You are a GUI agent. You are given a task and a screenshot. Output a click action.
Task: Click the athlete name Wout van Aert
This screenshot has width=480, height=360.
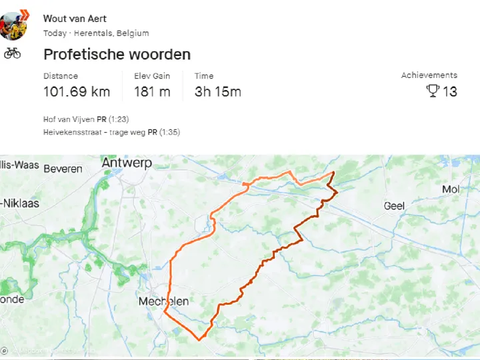(75, 19)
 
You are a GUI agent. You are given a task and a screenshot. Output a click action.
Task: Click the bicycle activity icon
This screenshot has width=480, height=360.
(13, 53)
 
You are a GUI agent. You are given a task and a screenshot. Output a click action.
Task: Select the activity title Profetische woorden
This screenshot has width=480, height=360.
(117, 54)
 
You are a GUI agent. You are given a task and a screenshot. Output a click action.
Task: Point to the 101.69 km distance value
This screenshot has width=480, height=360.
(77, 92)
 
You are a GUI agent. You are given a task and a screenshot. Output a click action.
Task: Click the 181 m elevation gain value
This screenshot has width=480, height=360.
(152, 92)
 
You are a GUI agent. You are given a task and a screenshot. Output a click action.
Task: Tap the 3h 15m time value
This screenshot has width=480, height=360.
(218, 92)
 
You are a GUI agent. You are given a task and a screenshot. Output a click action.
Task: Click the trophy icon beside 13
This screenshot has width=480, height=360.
(433, 91)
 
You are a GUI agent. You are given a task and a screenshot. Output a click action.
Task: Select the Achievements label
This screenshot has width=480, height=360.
(429, 75)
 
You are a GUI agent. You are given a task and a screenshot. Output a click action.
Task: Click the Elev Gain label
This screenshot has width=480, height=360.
(152, 76)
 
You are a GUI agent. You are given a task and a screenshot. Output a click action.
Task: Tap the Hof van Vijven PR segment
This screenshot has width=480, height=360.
(86, 119)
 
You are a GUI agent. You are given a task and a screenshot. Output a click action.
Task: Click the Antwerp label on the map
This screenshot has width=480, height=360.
(127, 163)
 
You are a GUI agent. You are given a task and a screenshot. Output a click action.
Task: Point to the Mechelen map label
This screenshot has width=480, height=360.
(163, 302)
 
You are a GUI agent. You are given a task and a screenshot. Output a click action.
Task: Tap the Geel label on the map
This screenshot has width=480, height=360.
(394, 206)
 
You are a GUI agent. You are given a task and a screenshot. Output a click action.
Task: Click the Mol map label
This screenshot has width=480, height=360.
(451, 189)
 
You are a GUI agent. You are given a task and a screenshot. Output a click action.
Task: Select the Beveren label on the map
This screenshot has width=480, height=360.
(63, 169)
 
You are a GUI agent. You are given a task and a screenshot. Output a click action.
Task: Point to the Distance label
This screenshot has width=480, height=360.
(61, 76)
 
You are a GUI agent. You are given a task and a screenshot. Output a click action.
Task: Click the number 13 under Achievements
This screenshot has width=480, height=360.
(450, 92)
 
